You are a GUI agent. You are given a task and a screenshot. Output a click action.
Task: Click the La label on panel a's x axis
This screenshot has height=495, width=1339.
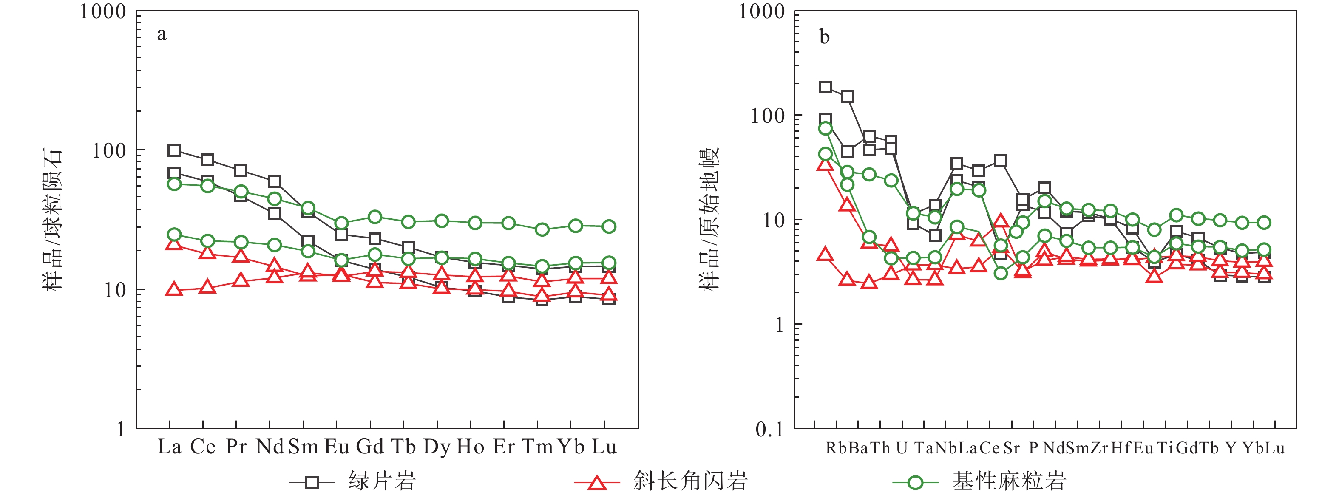170,447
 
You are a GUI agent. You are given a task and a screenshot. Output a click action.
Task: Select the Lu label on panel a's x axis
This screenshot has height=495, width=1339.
604,447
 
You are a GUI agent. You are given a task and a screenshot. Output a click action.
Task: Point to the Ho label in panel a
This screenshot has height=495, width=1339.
471,447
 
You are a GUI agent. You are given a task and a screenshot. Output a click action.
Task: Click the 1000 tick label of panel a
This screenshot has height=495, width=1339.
103,11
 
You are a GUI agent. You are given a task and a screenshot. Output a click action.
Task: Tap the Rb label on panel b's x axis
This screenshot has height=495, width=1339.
837,448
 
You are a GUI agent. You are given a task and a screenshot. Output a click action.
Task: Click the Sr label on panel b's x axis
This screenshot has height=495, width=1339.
1012,448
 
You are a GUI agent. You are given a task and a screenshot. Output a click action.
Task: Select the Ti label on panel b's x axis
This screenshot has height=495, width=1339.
1166,448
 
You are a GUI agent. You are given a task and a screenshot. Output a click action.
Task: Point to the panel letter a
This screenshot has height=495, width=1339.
162,34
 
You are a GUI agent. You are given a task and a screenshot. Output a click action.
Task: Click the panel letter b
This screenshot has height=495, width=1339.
824,37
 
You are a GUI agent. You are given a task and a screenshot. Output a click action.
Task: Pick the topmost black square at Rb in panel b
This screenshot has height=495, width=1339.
825,87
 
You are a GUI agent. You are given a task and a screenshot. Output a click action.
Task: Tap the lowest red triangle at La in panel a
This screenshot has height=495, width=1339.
174,290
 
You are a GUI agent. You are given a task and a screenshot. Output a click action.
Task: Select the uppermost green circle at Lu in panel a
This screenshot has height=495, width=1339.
609,226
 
